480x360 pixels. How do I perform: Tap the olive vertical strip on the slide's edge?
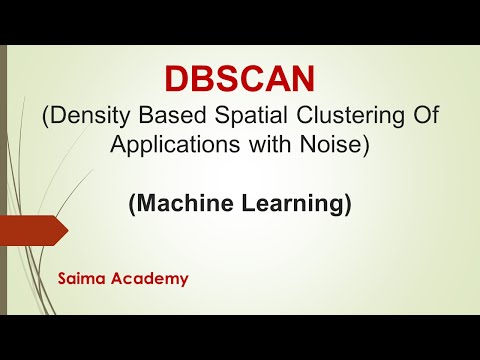pos(5,180)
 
